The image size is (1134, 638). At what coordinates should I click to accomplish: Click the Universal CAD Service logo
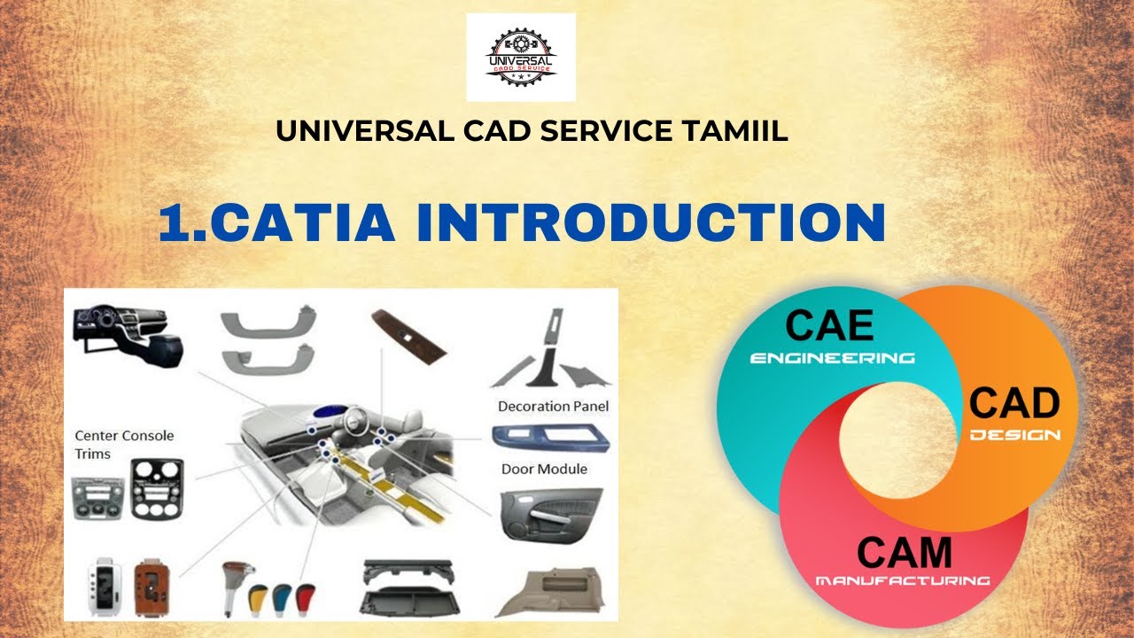(521, 58)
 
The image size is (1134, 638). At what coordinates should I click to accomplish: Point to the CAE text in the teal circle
(829, 325)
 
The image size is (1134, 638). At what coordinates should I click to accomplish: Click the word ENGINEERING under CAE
(832, 359)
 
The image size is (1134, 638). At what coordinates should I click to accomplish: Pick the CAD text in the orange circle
(1014, 403)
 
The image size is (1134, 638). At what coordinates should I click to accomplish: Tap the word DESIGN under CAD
(1014, 435)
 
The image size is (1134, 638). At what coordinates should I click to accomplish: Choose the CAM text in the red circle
(904, 553)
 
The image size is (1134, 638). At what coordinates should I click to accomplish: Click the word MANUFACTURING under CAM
(902, 581)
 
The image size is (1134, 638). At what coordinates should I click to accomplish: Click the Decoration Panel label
(553, 406)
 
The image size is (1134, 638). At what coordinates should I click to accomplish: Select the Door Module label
(544, 469)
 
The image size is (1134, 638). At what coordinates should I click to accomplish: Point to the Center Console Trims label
(123, 444)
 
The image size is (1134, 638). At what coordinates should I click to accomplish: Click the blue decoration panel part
(548, 437)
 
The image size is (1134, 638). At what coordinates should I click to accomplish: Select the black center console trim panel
(157, 488)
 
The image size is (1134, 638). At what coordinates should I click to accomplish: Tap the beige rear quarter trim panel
(555, 591)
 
